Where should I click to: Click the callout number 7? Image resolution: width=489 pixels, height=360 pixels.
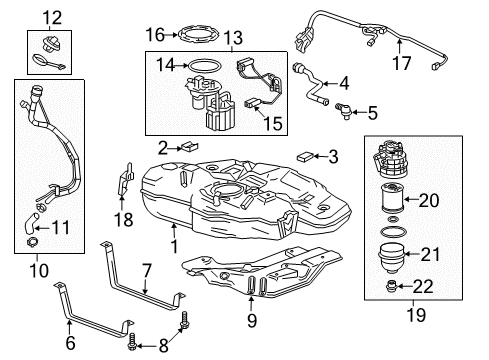(146, 270)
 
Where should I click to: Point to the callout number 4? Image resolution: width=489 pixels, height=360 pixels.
(343, 84)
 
